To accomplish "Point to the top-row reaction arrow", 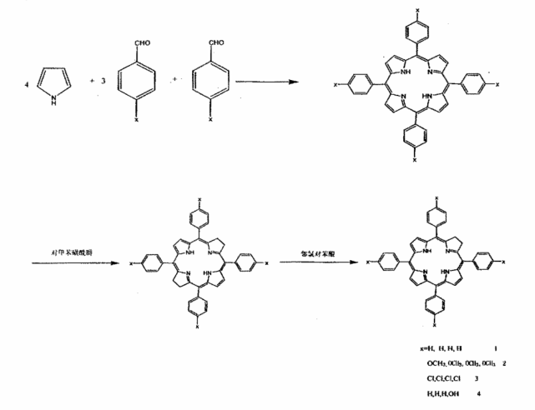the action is [x=265, y=82].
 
